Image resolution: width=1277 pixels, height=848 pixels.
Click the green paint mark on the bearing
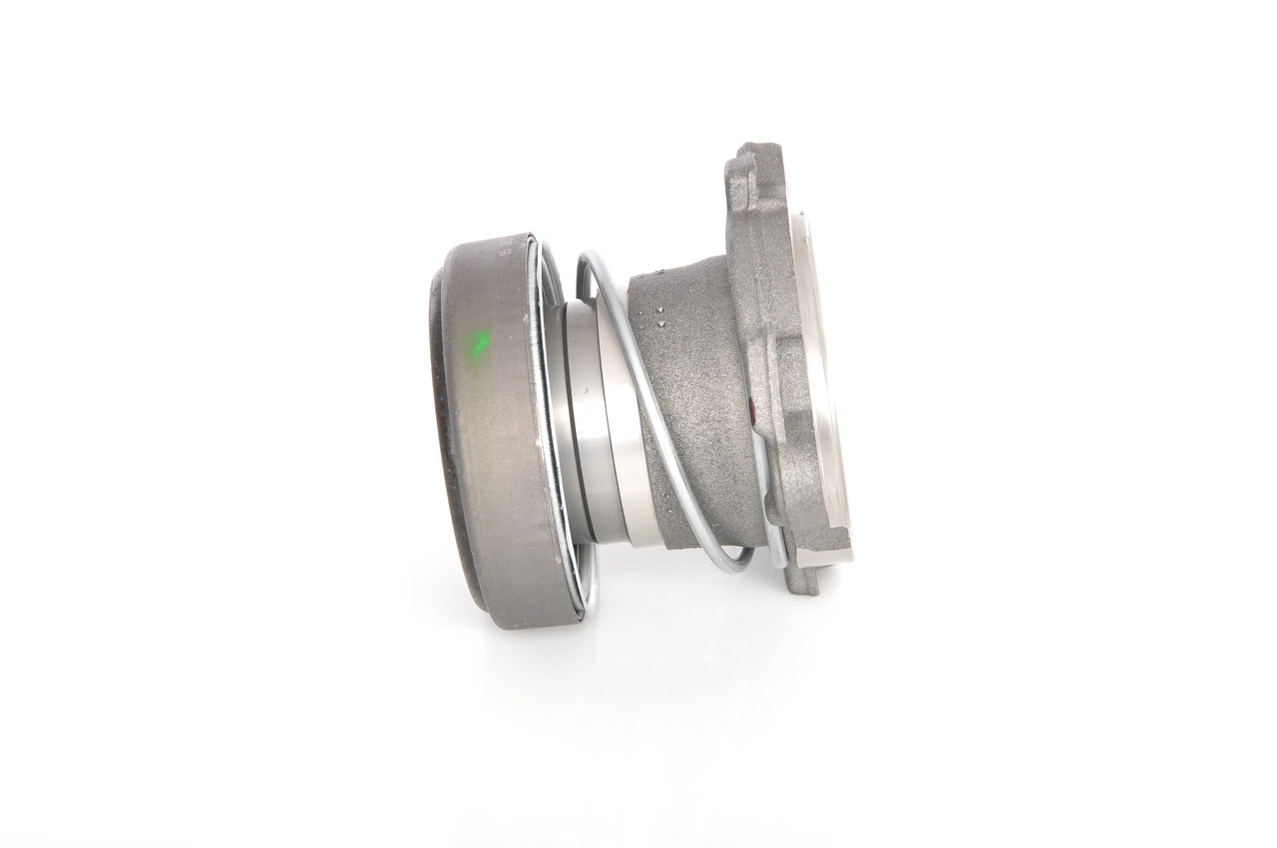tap(479, 345)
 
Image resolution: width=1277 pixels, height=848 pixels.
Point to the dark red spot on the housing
tap(752, 406)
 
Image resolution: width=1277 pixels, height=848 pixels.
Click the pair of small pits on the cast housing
tap(659, 318)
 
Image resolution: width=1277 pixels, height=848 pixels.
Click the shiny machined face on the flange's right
tap(818, 379)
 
